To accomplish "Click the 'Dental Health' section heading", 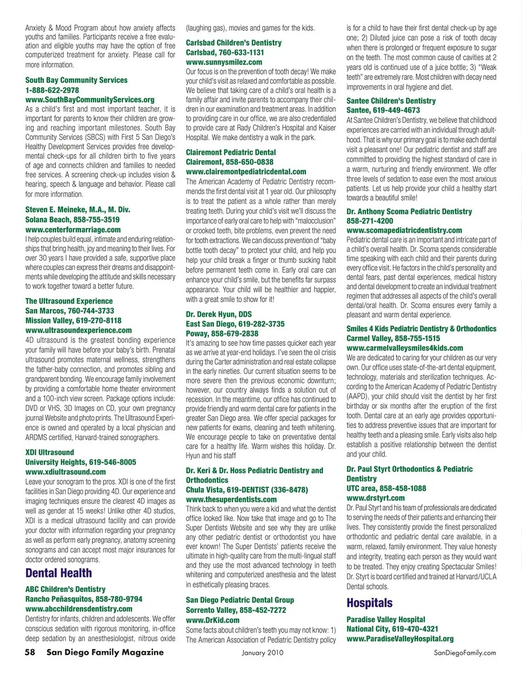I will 59,573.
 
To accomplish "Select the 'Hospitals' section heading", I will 369,603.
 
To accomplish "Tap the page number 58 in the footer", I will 30,652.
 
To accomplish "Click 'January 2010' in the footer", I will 263,653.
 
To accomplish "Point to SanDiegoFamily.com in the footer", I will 465,653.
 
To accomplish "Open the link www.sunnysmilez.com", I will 224,62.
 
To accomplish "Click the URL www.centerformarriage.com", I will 73,230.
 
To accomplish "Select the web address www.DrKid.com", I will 213,620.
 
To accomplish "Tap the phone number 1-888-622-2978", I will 52,90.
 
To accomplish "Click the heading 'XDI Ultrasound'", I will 49,452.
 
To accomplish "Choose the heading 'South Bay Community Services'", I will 76,80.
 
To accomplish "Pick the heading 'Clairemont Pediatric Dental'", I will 231,152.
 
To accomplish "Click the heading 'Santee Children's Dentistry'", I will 391,101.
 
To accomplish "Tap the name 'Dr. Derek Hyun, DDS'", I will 219,314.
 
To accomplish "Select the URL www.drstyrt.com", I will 375,498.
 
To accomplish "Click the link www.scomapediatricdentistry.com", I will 404,230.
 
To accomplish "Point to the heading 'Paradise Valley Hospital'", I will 386,619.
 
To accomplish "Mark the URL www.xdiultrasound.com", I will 66,472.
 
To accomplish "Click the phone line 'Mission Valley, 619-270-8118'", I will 73,320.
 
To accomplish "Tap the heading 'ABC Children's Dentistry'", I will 65,589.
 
